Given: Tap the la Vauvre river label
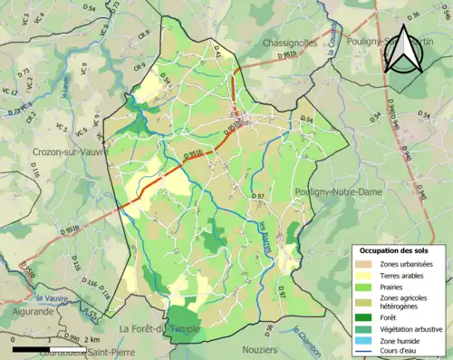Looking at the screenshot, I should coord(53,297).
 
